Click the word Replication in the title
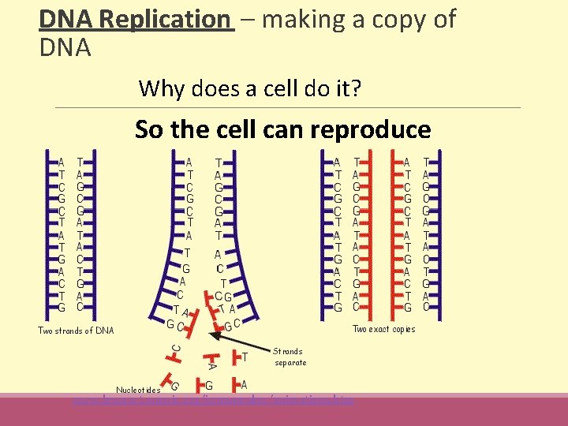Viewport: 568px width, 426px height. [x=169, y=19]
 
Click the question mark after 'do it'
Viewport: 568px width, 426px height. [x=357, y=88]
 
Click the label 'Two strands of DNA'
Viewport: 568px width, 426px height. [x=76, y=331]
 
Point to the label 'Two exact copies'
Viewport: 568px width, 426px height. [x=383, y=329]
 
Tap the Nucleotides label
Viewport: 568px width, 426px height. [x=138, y=390]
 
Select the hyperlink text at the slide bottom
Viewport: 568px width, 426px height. [x=213, y=401]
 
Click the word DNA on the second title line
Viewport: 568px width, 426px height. [x=65, y=49]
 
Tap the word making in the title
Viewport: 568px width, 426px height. [x=303, y=19]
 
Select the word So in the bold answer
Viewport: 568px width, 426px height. [x=149, y=129]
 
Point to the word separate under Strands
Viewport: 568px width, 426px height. [x=290, y=363]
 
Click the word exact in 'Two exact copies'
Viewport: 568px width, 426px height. [x=380, y=329]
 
